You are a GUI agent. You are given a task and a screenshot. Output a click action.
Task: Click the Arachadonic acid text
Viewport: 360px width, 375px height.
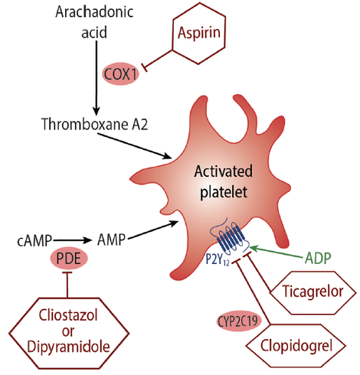coord(95,22)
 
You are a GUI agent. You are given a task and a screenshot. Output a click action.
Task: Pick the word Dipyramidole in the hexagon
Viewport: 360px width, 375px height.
coord(69,344)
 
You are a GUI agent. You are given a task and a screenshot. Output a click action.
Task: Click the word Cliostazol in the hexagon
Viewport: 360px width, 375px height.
coord(69,313)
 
